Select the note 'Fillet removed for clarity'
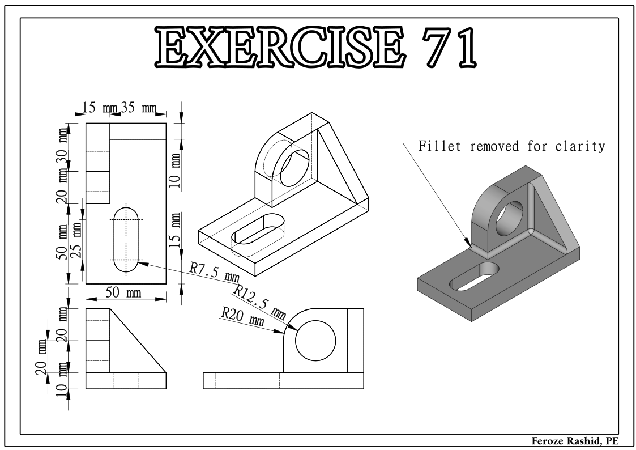(511, 146)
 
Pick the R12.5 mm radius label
(259, 300)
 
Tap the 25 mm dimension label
(77, 237)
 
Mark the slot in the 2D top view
(126, 240)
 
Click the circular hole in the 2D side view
(315, 339)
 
